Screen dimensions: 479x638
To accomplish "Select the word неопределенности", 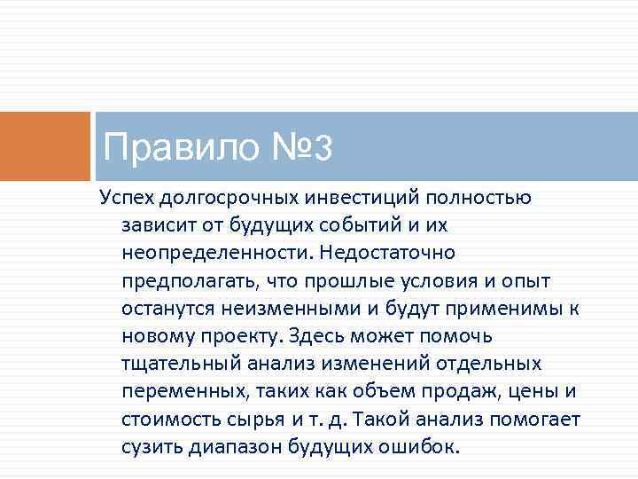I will coord(215,253).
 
